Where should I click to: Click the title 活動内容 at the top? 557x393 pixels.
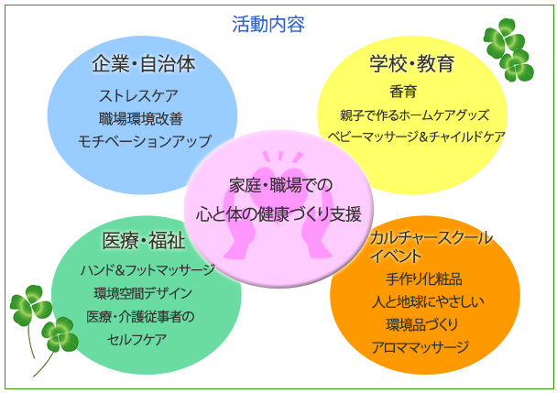coord(268,24)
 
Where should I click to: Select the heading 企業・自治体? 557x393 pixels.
coord(144,64)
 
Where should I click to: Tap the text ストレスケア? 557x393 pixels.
coord(139,95)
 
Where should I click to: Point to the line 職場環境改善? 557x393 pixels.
coord(141,119)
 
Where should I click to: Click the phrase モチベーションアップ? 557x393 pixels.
coord(145,141)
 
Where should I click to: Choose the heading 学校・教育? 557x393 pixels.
coord(412,63)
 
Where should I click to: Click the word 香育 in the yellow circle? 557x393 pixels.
coord(403,92)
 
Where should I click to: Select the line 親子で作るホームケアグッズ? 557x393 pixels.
coord(415,115)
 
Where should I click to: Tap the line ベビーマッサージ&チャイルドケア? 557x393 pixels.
coord(416,136)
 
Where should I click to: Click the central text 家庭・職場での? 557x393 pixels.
coord(280,185)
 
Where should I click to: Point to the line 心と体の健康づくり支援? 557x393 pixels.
coord(278,214)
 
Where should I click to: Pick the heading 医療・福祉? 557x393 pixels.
coord(144,241)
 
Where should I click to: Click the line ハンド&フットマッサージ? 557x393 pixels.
coord(147,271)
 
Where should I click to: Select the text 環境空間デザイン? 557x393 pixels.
coord(143,293)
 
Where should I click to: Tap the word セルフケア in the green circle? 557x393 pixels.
coord(137,340)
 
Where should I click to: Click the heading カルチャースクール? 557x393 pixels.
coord(431,238)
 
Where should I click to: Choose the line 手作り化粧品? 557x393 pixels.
coord(424,279)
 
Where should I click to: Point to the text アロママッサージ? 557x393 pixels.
coord(420,347)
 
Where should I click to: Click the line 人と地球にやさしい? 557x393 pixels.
coord(428,302)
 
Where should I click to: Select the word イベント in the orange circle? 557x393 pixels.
coord(396,256)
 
